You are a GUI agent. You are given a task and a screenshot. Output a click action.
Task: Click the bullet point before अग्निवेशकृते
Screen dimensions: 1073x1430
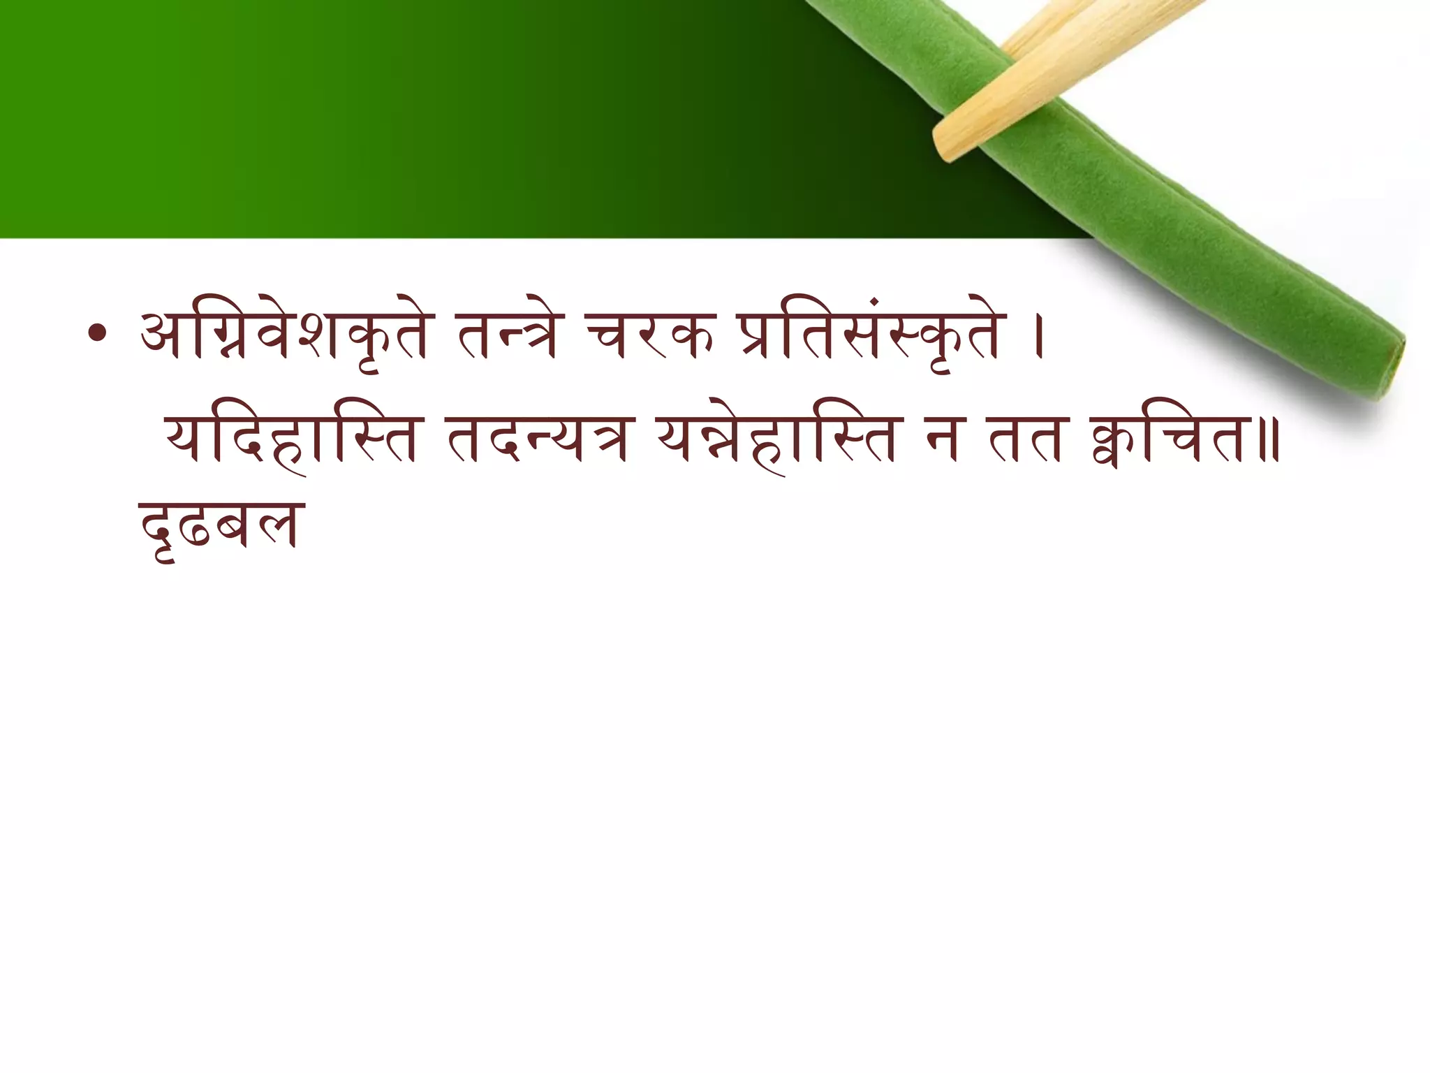pos(98,335)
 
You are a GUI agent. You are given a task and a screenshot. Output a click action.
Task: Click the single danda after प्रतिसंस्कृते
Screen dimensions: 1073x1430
pos(1038,337)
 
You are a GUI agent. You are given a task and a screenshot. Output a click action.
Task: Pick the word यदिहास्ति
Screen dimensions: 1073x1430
pos(290,439)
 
